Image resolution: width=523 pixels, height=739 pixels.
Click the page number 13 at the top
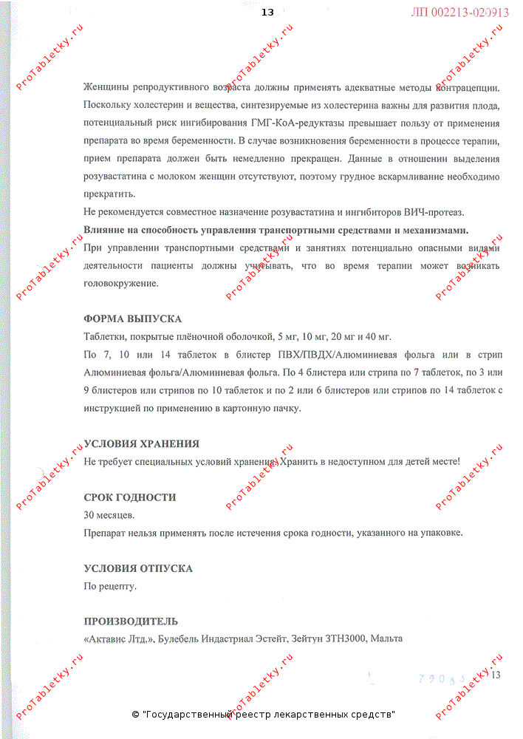click(267, 12)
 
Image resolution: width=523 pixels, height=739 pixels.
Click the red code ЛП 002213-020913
click(459, 13)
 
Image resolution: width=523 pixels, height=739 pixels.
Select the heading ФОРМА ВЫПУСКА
click(133, 319)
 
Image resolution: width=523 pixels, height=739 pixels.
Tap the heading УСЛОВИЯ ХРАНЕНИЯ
click(142, 443)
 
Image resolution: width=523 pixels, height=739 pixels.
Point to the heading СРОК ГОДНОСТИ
click(130, 497)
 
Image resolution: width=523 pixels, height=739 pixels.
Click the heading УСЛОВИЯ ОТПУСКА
click(139, 568)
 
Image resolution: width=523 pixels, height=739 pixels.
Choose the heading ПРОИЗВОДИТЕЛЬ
click(131, 621)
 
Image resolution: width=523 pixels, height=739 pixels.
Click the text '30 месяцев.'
click(109, 515)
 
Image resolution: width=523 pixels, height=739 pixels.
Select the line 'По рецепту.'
click(111, 586)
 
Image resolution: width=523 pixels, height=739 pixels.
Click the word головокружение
click(121, 283)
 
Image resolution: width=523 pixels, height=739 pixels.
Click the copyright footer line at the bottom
click(263, 715)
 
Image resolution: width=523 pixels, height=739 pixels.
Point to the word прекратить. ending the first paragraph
click(110, 194)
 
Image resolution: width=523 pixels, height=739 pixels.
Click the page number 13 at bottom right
click(496, 674)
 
